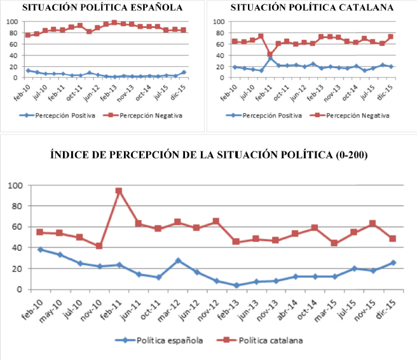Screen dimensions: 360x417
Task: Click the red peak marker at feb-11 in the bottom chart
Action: pos(118,191)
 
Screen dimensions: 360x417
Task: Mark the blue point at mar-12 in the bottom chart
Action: pos(177,261)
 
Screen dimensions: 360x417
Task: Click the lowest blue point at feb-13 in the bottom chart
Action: pos(236,285)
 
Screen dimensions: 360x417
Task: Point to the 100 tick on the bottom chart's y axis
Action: pos(14,186)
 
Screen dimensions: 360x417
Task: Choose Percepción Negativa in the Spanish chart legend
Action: pos(152,115)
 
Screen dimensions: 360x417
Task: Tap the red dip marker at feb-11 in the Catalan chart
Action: pos(270,55)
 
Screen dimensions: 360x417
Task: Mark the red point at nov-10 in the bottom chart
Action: pos(99,246)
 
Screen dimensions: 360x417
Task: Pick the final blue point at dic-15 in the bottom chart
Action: pos(392,263)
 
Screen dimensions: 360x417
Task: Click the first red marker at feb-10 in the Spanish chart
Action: pos(28,35)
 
